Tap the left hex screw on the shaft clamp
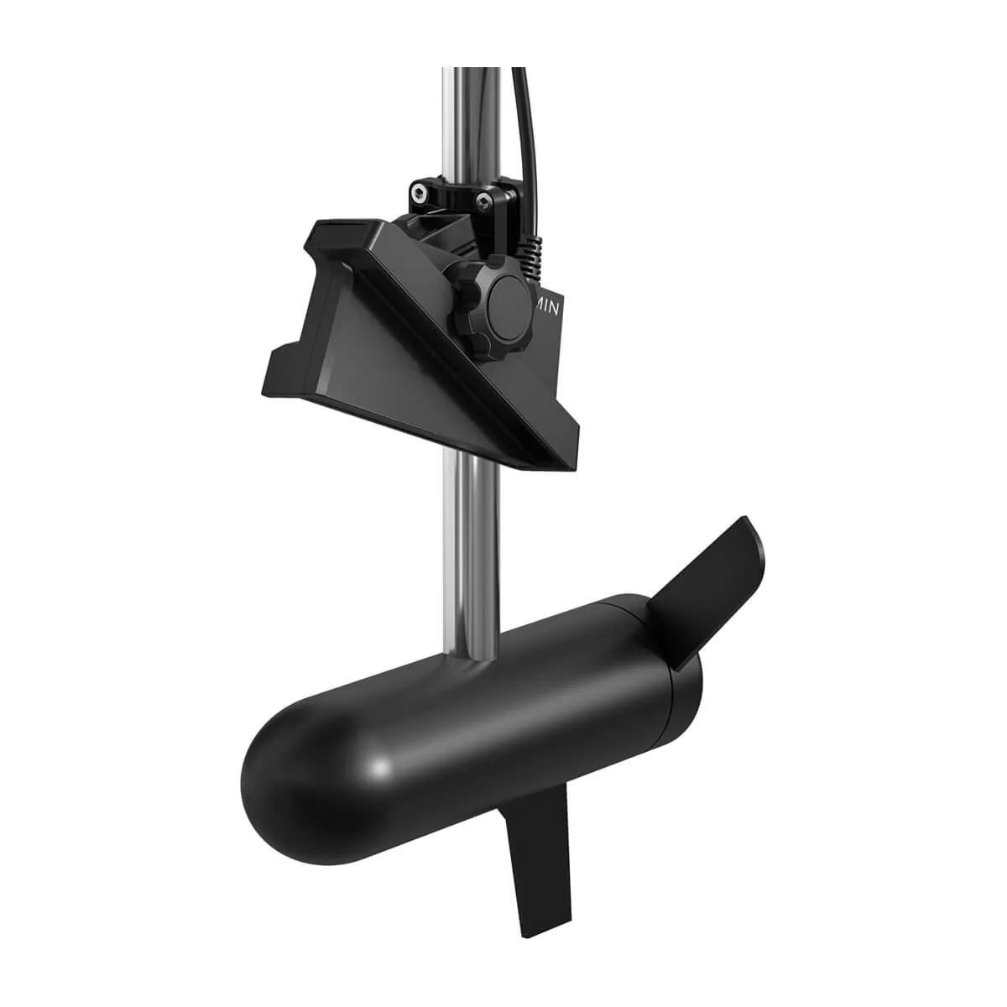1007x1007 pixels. [417, 195]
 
